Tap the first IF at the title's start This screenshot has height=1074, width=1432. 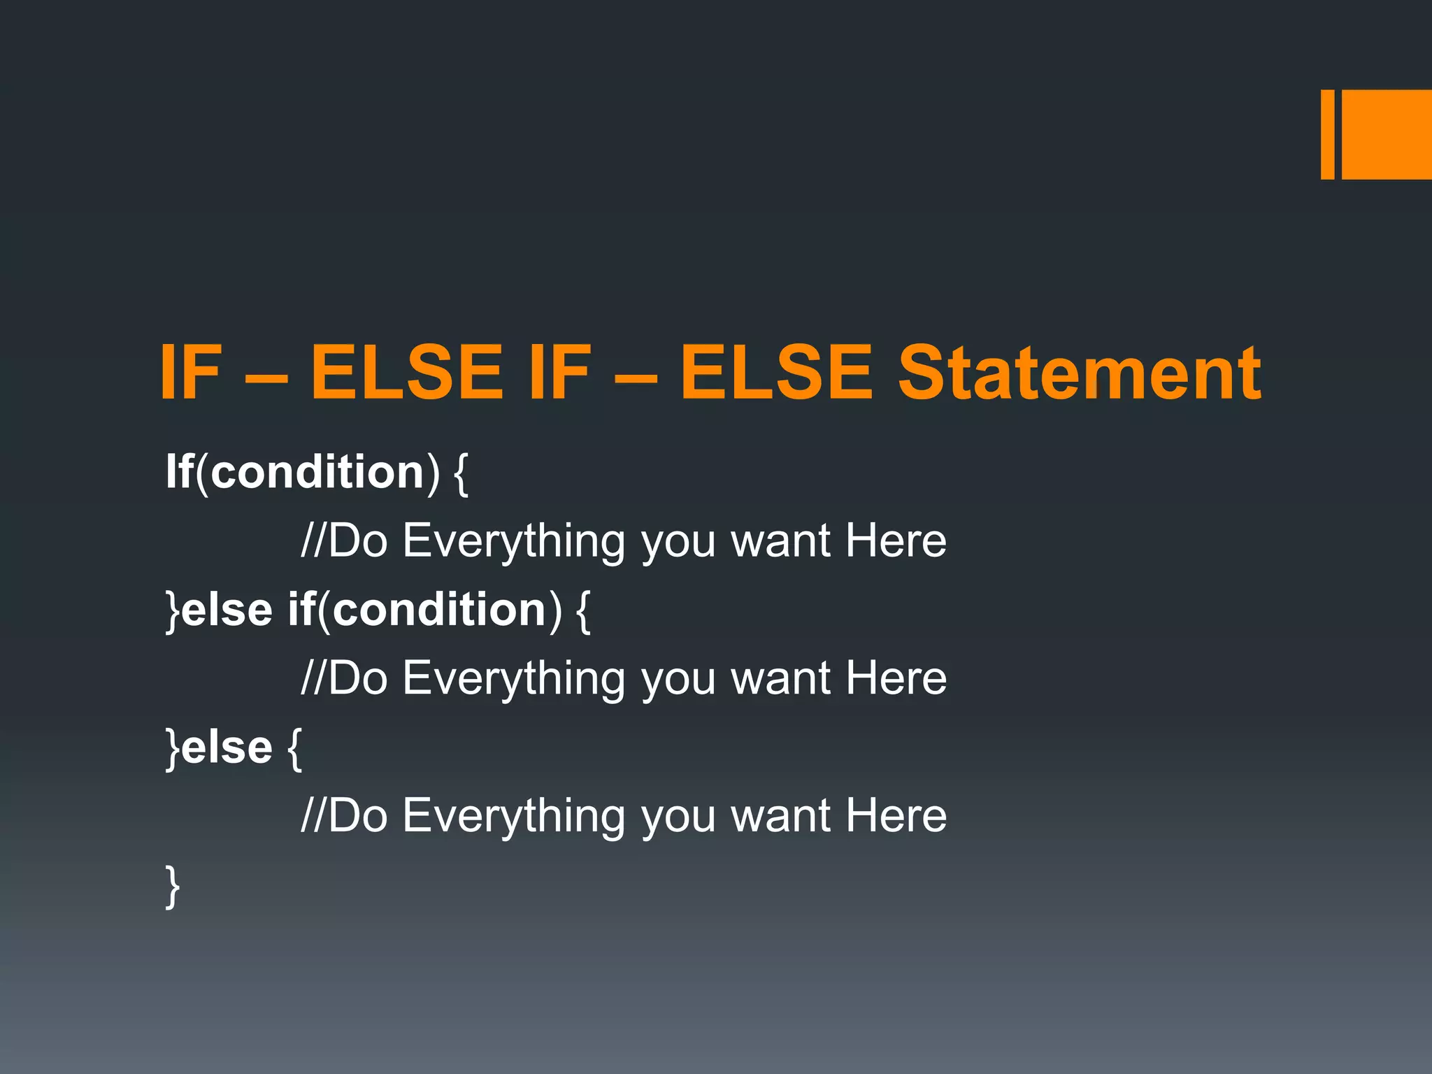pos(190,373)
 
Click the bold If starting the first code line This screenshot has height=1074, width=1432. pos(180,471)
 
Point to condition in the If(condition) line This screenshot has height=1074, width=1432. pos(317,471)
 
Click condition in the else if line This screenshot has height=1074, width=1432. pos(439,609)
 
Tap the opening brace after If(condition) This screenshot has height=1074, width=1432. pos(461,473)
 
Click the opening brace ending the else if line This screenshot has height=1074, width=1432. pos(583,610)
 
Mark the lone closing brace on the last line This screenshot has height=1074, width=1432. pos(172,886)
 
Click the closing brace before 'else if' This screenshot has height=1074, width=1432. pos(172,610)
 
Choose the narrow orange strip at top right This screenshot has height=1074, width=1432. pos(1327,134)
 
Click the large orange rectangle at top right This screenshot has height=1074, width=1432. pos(1387,134)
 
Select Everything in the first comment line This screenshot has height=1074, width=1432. pos(514,541)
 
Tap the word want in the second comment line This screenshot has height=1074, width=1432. pos(780,679)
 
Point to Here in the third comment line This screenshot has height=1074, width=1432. pos(896,815)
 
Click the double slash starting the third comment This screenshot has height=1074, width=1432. pos(313,815)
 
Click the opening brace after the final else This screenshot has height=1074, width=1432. pos(294,748)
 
